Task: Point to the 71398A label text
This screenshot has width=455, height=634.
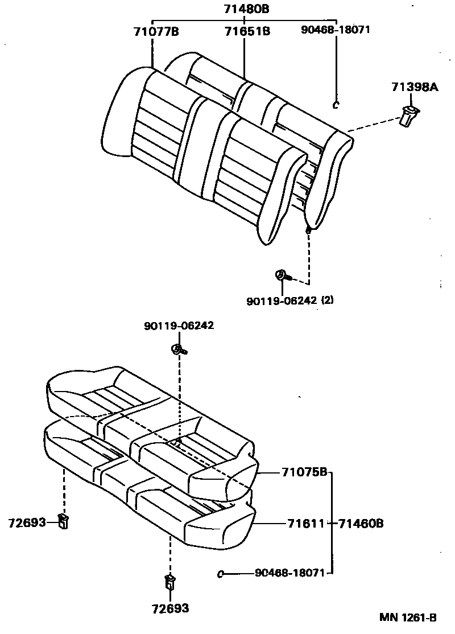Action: pos(415,87)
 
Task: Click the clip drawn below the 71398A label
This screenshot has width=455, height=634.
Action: pos(409,116)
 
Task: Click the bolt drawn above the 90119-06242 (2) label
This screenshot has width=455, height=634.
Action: pos(282,276)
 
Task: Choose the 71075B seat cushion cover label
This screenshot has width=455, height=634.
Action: pos(304,472)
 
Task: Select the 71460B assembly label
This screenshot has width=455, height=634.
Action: pos(361,522)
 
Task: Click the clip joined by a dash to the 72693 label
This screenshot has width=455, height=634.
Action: pos(64,520)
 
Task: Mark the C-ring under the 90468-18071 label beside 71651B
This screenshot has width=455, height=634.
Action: pos(335,104)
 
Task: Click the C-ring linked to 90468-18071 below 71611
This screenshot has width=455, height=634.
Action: pos(221,574)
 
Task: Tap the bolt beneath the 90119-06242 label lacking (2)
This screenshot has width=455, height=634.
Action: pos(177,349)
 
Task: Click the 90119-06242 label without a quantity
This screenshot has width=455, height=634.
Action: pos(179,326)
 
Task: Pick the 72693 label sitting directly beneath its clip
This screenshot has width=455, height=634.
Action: pos(170,608)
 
